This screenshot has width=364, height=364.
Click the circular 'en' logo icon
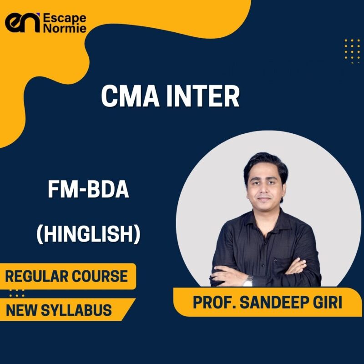pos(22,23)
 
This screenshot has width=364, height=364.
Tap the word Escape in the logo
pos(65,18)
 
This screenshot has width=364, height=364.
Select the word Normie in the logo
pos(64,30)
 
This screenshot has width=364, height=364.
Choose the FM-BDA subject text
pos(89,190)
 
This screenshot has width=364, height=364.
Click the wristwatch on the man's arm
pos(248,281)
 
